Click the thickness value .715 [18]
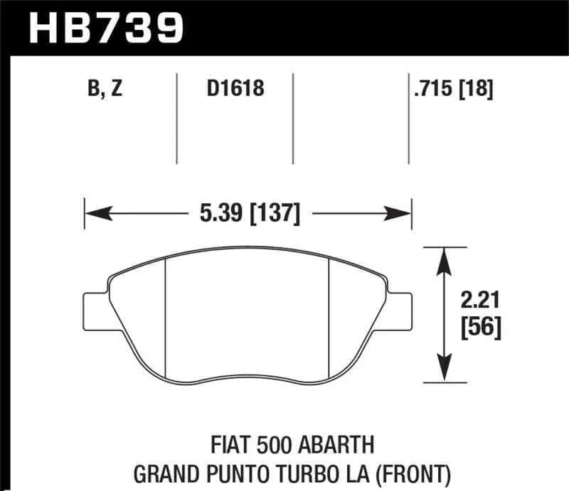click(453, 90)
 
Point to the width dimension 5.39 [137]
click(248, 212)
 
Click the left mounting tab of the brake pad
click(95, 307)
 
